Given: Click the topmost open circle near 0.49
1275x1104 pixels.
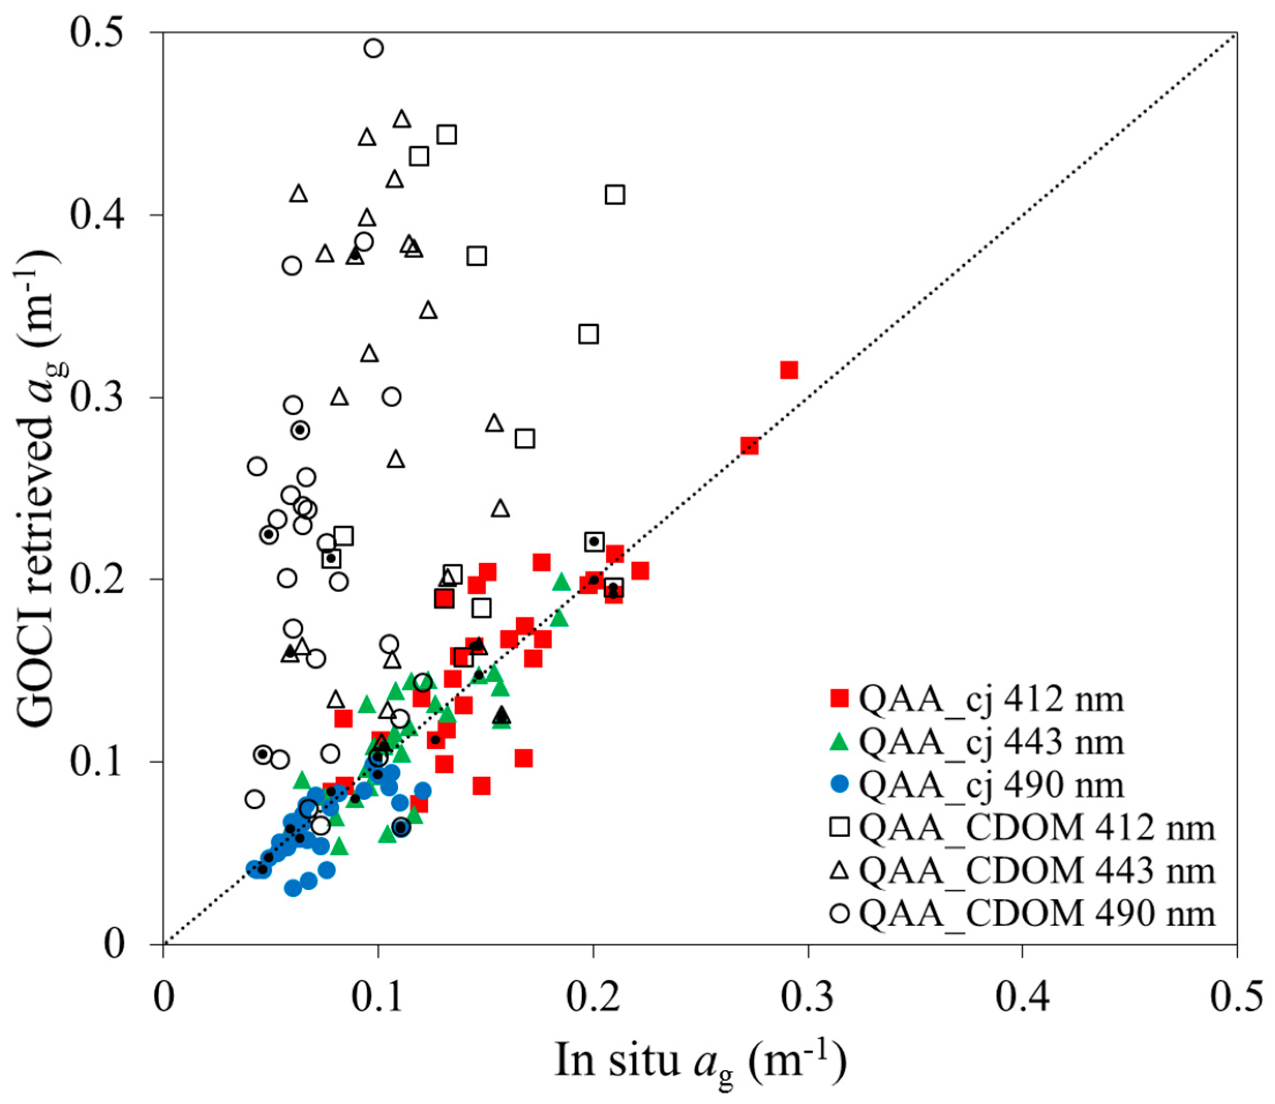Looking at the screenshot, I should pos(373,48).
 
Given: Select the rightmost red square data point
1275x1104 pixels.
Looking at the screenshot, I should pos(789,370).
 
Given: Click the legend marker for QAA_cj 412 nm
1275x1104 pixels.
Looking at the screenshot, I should pos(840,698).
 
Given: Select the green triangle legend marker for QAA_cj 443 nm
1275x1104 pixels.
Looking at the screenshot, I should pos(840,741).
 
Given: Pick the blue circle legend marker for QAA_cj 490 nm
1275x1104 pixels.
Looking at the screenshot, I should pos(840,784).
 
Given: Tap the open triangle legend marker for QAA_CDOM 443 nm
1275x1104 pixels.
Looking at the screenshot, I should pos(840,870).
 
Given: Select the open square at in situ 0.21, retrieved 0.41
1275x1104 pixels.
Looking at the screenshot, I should pos(615,194).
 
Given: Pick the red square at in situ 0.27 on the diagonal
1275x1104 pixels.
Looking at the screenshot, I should pos(749,446).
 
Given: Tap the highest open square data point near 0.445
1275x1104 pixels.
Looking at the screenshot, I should pos(447,134).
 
